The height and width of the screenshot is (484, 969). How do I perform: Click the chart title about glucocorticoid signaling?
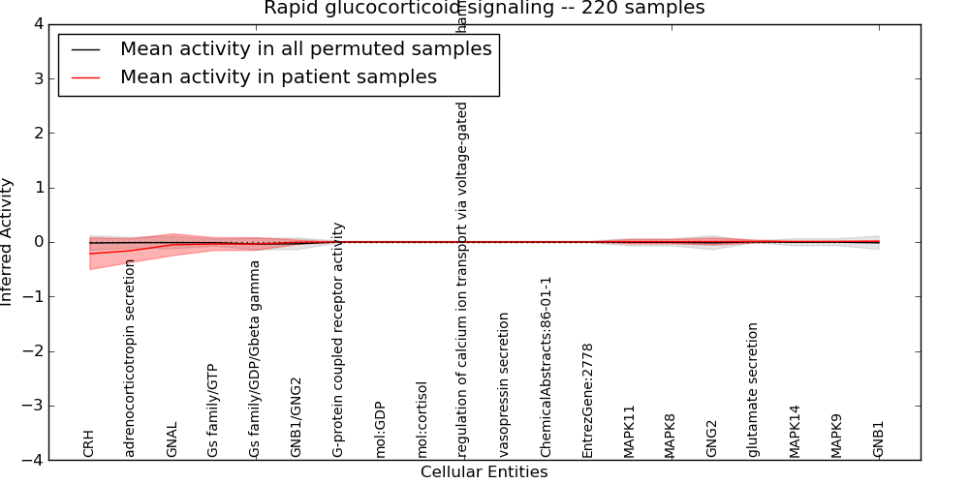click(484, 9)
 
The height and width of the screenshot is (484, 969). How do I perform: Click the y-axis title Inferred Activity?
click(8, 242)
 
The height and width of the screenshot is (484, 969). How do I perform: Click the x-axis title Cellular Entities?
click(484, 472)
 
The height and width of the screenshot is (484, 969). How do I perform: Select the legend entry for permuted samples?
click(305, 49)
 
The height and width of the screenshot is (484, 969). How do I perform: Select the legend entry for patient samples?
click(278, 77)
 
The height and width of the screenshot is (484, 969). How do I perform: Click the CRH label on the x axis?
click(89, 443)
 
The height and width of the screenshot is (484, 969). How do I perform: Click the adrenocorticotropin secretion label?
click(131, 358)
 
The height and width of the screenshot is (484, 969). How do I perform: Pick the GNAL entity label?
click(172, 439)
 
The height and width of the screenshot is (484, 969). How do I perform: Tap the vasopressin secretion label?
click(504, 384)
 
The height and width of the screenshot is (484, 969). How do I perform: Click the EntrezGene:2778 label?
click(587, 400)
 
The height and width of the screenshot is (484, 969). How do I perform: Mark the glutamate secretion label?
click(753, 389)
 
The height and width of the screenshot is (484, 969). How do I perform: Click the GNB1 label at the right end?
click(878, 439)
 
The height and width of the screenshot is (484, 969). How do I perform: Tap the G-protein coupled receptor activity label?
click(338, 339)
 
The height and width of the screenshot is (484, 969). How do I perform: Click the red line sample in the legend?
click(86, 77)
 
